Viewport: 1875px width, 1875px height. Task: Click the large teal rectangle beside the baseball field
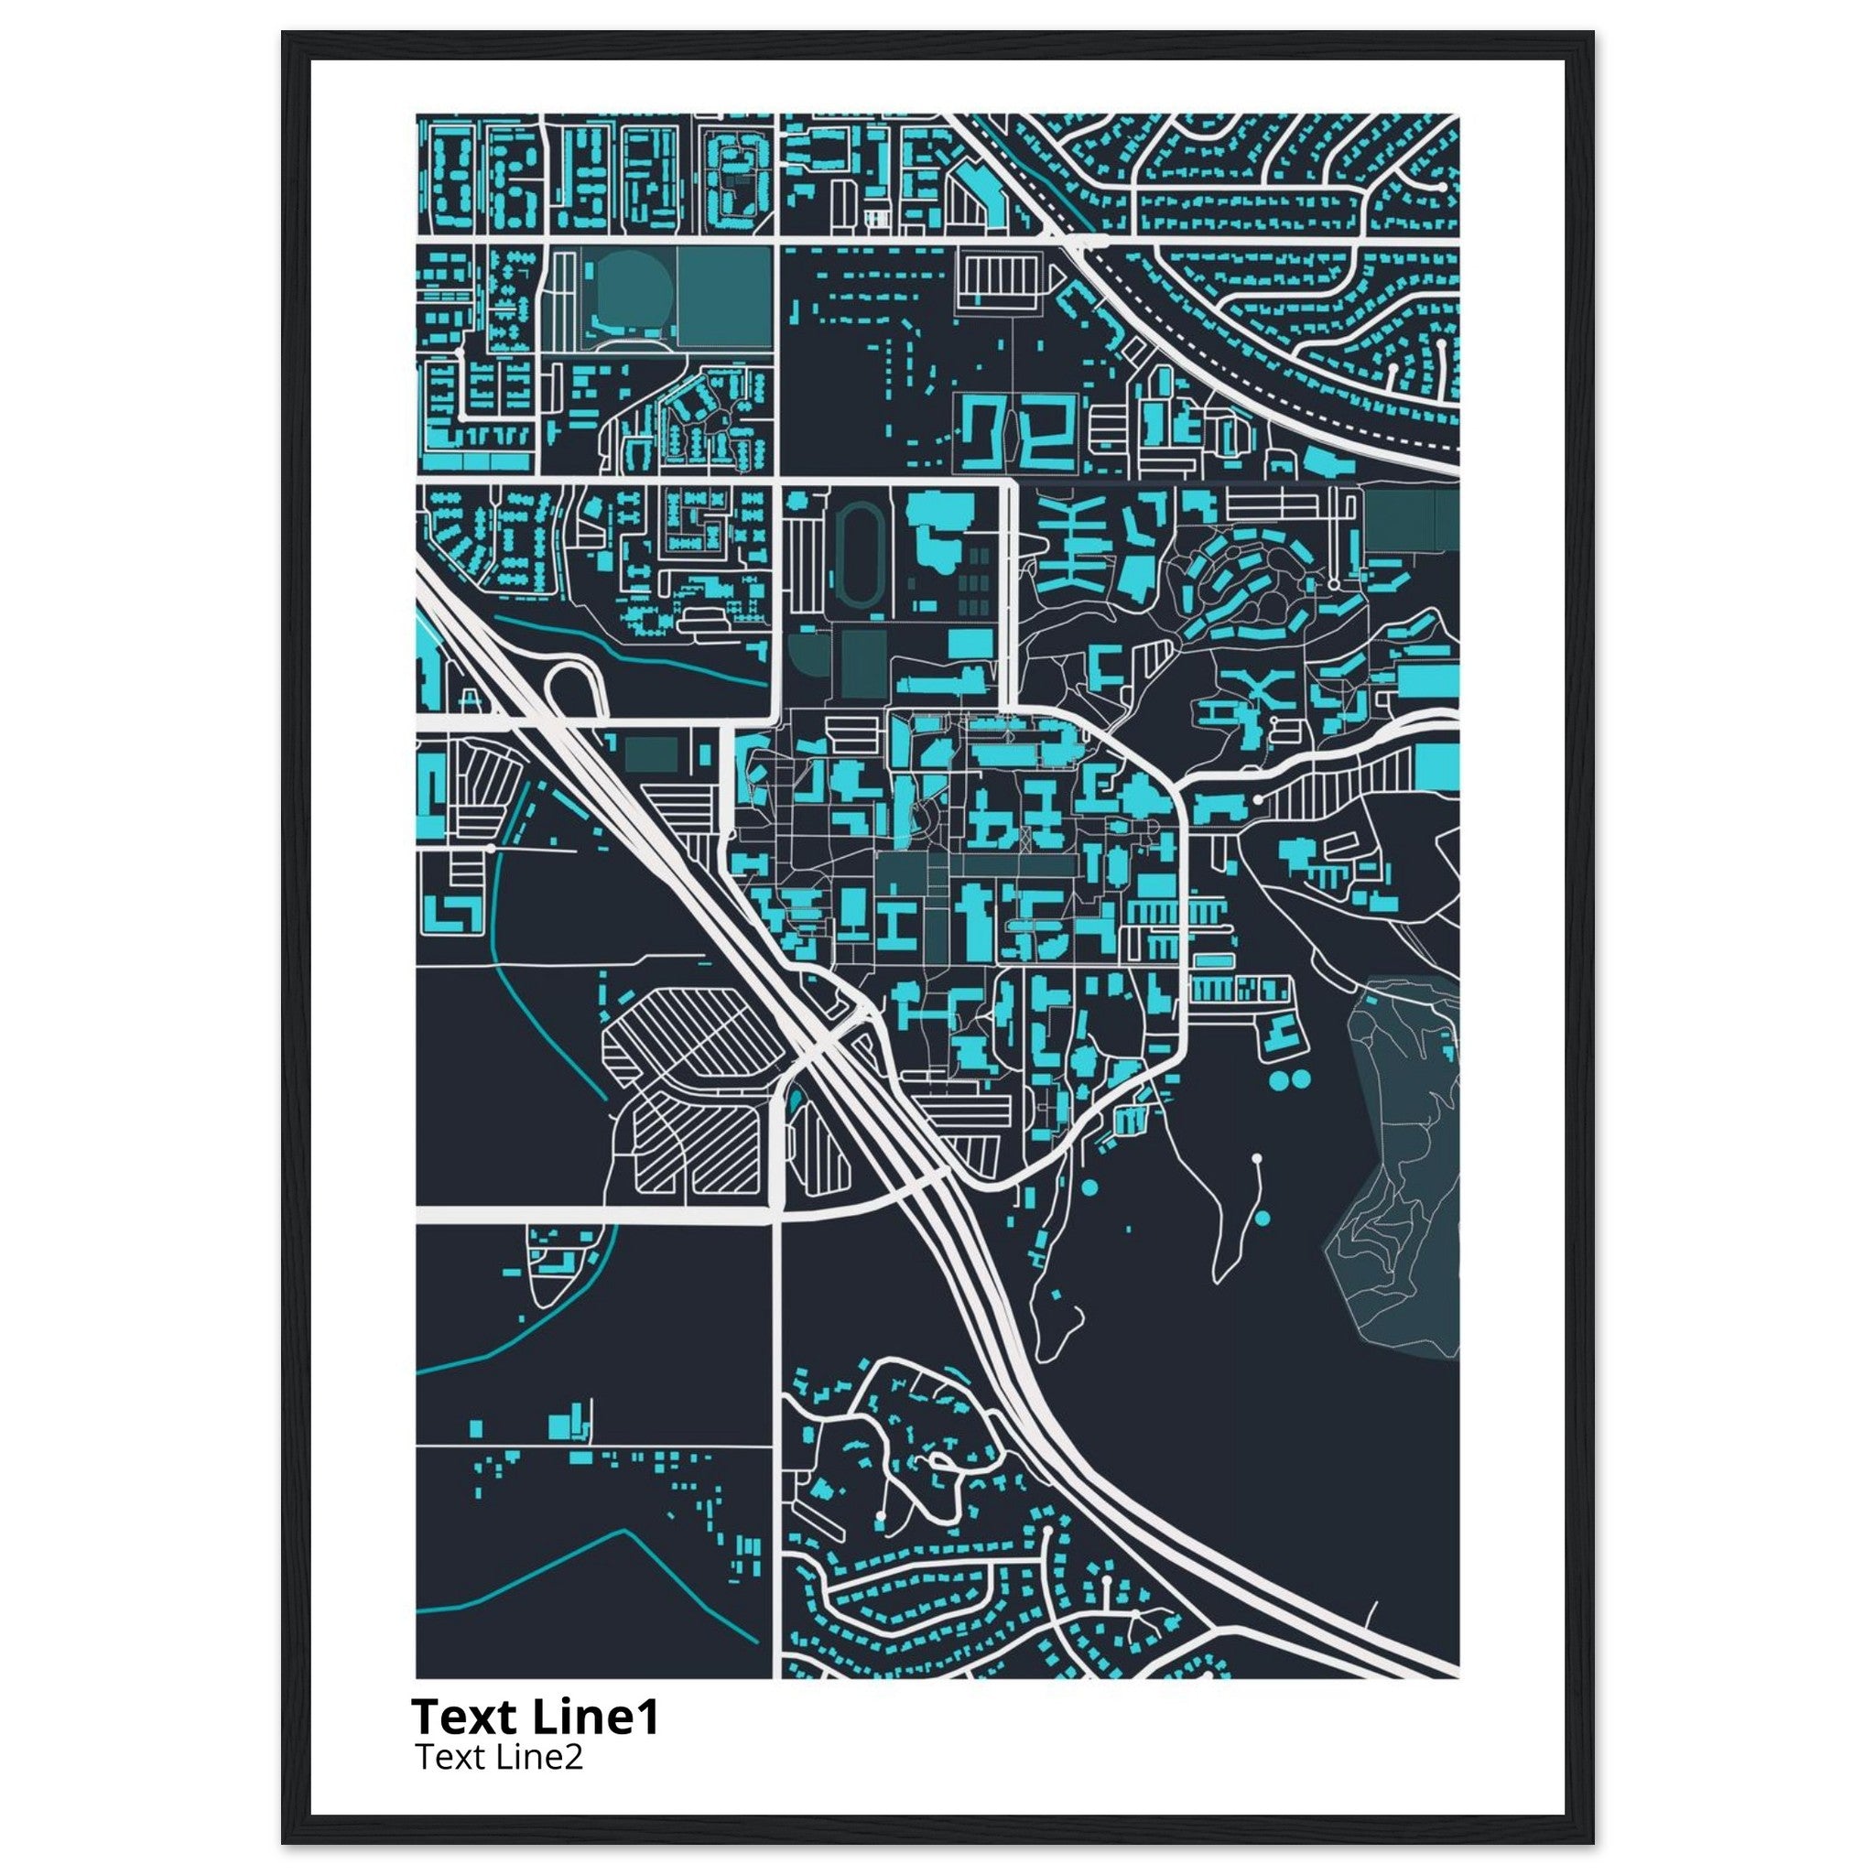(724, 294)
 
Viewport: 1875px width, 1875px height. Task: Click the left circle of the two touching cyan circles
(1281, 1078)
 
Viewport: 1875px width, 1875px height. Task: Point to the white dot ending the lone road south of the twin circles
(1257, 1159)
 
